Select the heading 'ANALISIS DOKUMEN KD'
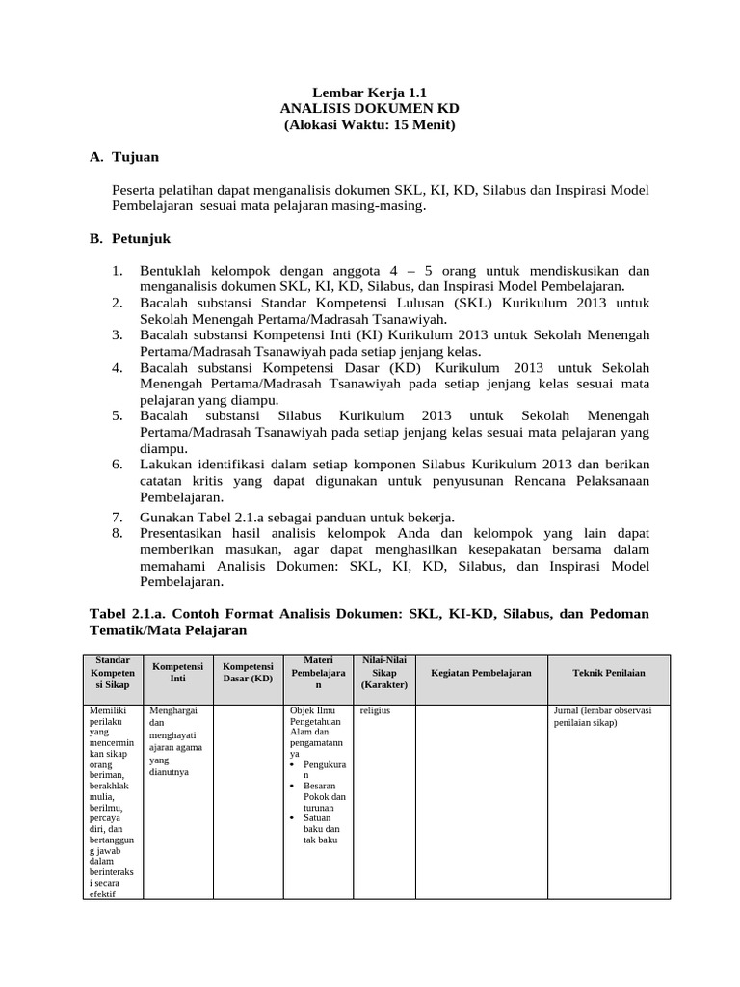point(370,108)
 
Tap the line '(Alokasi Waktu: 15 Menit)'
point(370,125)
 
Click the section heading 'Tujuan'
point(135,156)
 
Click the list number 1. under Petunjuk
point(117,271)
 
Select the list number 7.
point(117,517)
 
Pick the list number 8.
point(117,533)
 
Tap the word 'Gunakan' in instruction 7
point(168,517)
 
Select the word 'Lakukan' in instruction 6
point(166,464)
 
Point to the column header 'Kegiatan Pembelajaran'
point(481,674)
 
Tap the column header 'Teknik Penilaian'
point(609,674)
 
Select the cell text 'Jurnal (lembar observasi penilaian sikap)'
point(602,717)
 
